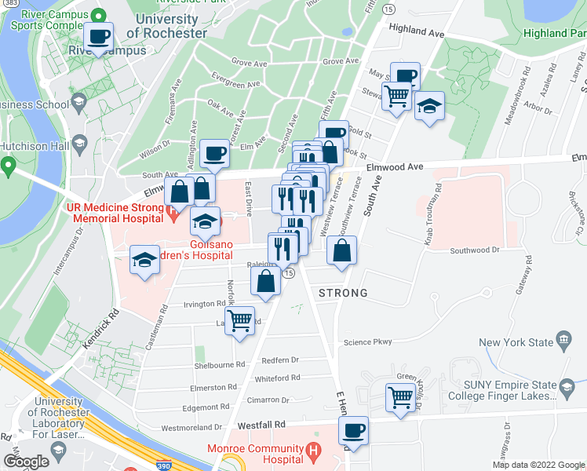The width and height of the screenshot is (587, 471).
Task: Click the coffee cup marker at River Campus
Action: click(x=99, y=36)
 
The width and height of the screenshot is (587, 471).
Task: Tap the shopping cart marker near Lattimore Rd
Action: click(x=240, y=319)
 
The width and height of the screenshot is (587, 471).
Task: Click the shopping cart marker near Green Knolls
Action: click(x=401, y=398)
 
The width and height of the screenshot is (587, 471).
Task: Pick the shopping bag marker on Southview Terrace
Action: click(x=341, y=251)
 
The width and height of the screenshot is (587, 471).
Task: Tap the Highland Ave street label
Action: click(x=415, y=31)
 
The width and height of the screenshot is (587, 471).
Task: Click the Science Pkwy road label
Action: click(x=367, y=341)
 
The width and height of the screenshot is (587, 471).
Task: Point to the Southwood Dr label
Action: click(x=474, y=250)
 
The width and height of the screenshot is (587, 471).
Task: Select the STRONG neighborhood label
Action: click(x=343, y=293)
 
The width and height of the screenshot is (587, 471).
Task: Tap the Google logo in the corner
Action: click(x=26, y=461)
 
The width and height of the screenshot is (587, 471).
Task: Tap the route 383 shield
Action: click(x=8, y=4)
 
